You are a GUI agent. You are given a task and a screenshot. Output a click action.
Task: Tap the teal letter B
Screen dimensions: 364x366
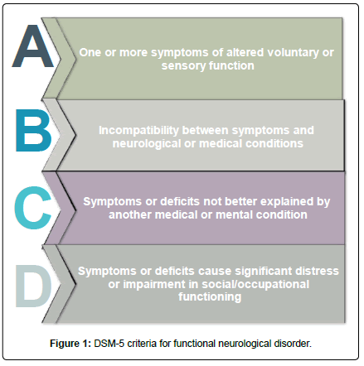pyautogui.click(x=34, y=130)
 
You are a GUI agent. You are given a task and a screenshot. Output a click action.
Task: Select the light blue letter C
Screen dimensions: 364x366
pyautogui.click(x=33, y=208)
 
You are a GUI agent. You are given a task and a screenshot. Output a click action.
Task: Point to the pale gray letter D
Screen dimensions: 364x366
pyautogui.click(x=34, y=286)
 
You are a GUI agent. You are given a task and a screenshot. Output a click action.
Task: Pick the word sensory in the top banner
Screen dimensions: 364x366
pyautogui.click(x=183, y=66)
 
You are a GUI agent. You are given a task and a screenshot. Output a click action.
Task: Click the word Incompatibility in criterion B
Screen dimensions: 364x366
pyautogui.click(x=138, y=131)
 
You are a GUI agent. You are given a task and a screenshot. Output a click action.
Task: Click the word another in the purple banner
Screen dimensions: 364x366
pyautogui.click(x=130, y=214)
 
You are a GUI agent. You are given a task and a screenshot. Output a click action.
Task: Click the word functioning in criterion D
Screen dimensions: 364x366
pyautogui.click(x=210, y=297)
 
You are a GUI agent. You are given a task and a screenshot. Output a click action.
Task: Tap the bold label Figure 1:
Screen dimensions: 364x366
pyautogui.click(x=70, y=344)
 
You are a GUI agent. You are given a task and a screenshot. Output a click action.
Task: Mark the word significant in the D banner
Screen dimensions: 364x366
pyautogui.click(x=263, y=272)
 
